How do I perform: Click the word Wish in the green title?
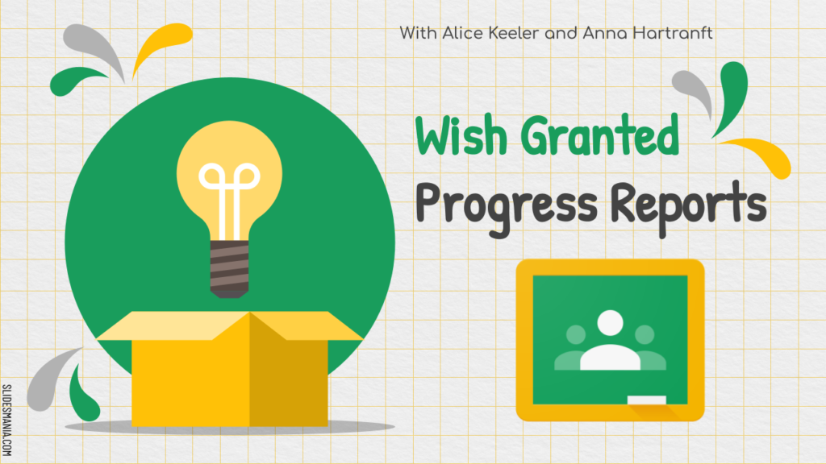[461, 135]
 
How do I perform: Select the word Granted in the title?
[600, 135]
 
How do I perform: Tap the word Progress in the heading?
[507, 206]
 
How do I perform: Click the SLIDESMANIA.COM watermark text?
[6, 420]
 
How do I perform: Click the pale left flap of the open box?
[173, 325]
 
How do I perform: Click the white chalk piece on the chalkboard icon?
[646, 400]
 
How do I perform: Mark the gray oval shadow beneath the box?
[230, 427]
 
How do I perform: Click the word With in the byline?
[419, 33]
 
